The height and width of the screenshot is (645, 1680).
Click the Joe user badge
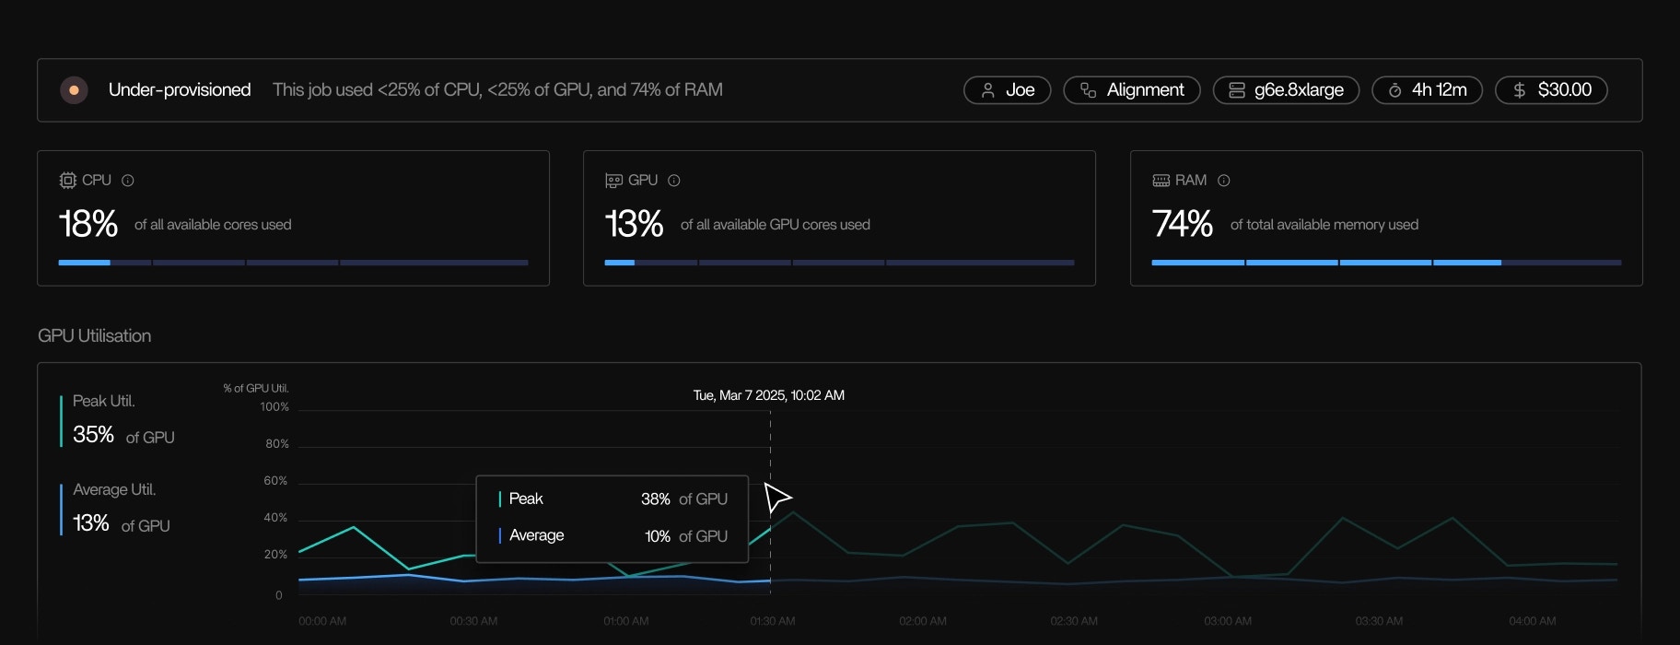(x=1007, y=90)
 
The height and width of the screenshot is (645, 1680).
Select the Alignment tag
(x=1131, y=90)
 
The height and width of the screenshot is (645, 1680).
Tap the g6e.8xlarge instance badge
(x=1286, y=90)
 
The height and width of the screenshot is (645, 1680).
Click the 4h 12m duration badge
(x=1427, y=90)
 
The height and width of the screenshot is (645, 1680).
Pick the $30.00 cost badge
(x=1551, y=90)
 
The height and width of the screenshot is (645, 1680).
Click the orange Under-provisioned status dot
(x=74, y=90)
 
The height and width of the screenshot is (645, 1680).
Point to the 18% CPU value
(x=88, y=224)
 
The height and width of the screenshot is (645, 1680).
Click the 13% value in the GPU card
(x=634, y=224)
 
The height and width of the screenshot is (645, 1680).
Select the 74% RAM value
(x=1182, y=224)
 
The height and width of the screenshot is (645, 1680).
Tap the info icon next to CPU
(x=128, y=181)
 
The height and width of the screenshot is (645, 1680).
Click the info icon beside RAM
(x=1224, y=181)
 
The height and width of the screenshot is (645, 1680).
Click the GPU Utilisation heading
(x=94, y=336)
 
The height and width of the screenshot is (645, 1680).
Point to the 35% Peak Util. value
(x=93, y=435)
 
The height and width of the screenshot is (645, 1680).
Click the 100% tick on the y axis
(x=274, y=407)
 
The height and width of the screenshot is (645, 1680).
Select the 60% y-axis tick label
(x=275, y=481)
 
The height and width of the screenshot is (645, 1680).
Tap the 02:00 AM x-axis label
(x=923, y=621)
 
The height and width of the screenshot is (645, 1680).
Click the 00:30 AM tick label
(x=473, y=621)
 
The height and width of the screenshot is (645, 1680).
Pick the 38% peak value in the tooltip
(x=655, y=499)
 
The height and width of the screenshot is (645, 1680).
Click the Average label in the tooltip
(x=536, y=535)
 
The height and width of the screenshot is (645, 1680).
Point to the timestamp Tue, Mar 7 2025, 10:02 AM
(x=768, y=395)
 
